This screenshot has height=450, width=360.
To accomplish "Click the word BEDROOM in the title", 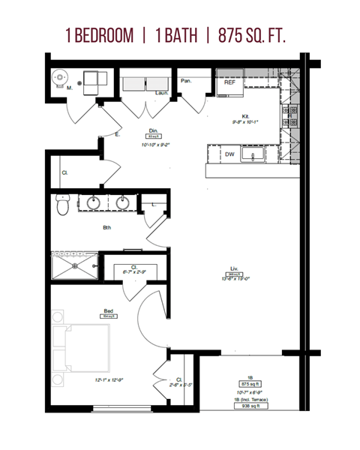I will (108, 35).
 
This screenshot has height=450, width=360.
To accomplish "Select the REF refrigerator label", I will (231, 82).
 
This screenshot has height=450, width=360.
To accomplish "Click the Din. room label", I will (153, 130).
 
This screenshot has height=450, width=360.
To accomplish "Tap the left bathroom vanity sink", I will (94, 202).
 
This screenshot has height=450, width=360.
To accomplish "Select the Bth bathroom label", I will (107, 229).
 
